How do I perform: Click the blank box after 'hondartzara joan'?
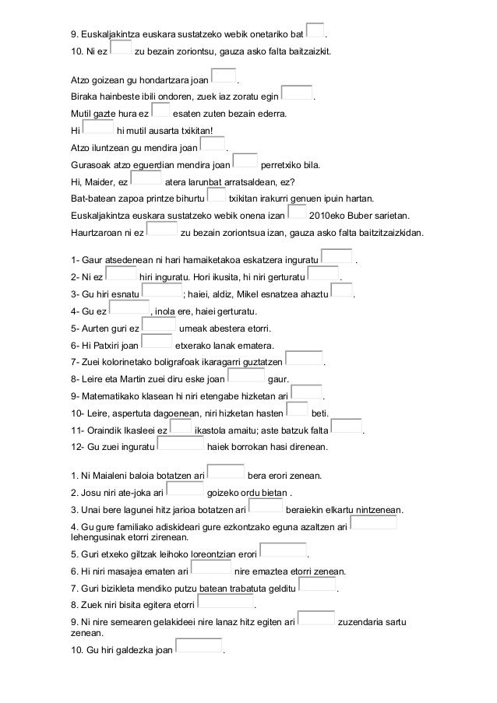(223, 76)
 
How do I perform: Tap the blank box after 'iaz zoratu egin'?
(296, 94)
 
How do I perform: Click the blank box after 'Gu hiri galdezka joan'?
(199, 646)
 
